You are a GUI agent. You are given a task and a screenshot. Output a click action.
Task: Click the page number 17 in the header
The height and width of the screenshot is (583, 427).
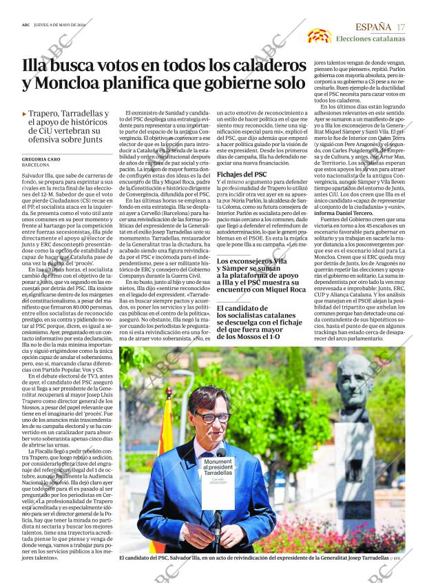coord(401,27)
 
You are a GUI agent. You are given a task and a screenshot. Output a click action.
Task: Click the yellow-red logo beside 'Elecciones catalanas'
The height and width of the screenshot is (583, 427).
coord(319,35)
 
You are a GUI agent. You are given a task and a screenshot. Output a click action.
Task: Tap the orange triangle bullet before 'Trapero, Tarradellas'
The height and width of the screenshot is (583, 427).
coord(25,114)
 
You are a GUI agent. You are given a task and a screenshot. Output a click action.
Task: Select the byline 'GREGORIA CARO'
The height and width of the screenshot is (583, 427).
coord(45,159)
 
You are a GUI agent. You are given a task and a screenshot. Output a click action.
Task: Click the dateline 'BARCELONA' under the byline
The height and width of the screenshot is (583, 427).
coord(36,166)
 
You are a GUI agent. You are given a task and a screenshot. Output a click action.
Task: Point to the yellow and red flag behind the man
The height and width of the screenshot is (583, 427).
coord(165,441)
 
